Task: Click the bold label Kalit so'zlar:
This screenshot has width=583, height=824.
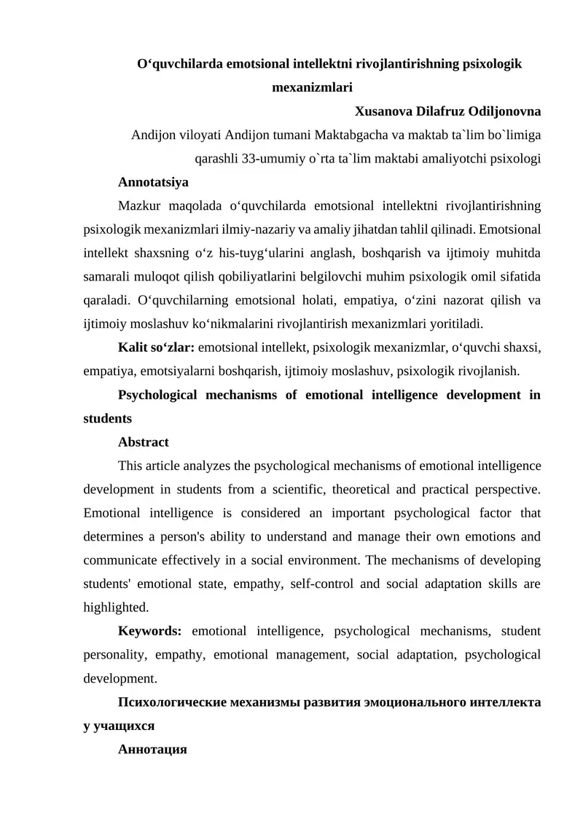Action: tap(157, 346)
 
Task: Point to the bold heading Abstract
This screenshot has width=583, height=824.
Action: tap(143, 442)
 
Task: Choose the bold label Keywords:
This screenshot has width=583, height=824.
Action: tap(150, 630)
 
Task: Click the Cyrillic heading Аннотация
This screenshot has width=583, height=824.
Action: tap(152, 749)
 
